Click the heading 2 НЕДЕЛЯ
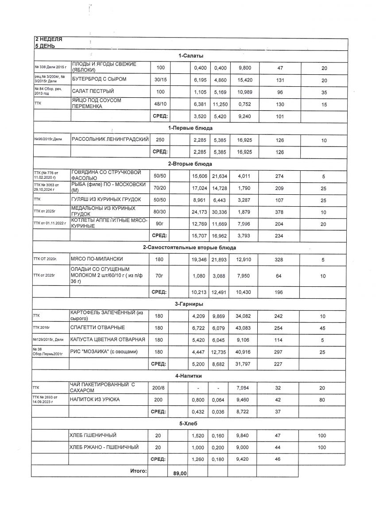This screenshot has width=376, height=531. coord(48,39)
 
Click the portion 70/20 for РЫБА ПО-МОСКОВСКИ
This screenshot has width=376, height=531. coord(159,188)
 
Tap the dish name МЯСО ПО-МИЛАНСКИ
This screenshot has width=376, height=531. coord(90,259)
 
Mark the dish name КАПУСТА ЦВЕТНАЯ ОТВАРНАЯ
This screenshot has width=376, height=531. coord(108,340)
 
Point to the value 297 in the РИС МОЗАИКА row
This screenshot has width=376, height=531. coord(279,352)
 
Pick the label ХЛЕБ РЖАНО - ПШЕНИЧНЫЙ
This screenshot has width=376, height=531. coord(105,447)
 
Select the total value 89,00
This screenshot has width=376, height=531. coord(179,473)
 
